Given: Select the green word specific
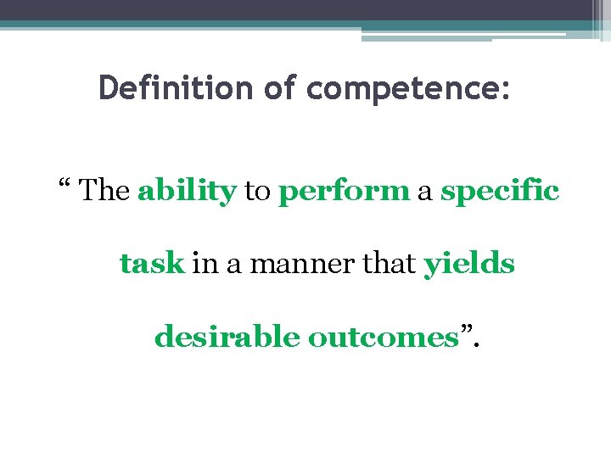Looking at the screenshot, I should [500, 192].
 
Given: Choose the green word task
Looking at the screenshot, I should [152, 265].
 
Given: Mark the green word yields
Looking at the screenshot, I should [469, 265].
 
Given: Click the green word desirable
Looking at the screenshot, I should [227, 338].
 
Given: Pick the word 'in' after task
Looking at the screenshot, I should [204, 265].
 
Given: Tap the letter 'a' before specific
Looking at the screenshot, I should [425, 194].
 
